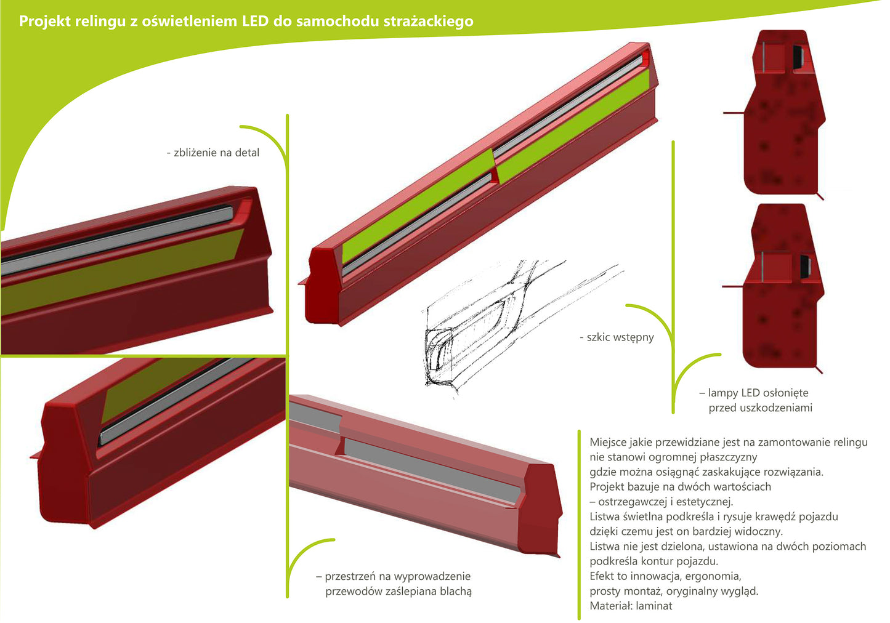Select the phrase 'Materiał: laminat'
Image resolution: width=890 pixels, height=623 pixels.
pyautogui.click(x=631, y=606)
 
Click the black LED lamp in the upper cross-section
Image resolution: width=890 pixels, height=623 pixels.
pyautogui.click(x=798, y=57)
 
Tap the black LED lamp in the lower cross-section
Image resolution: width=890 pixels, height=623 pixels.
pyautogui.click(x=806, y=265)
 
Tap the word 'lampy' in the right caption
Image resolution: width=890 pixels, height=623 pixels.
pyautogui.click(x=722, y=393)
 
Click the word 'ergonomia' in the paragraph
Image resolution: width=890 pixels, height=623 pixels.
pyautogui.click(x=716, y=576)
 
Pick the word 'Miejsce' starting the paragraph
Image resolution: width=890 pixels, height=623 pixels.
pyautogui.click(x=609, y=442)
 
